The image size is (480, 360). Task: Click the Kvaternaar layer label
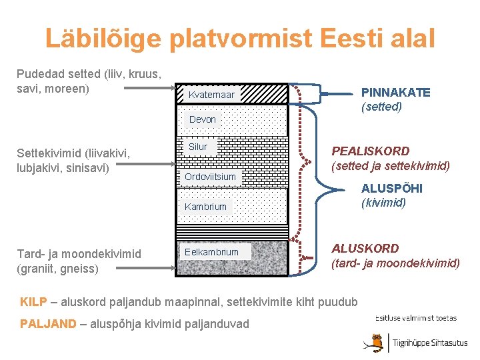[x=211, y=95]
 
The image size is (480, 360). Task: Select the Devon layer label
[x=203, y=119]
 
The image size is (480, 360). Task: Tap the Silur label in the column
[x=198, y=147]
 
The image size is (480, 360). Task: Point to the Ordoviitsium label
[x=210, y=177]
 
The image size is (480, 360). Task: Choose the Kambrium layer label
[x=205, y=207]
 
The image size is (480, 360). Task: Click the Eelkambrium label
[x=211, y=252]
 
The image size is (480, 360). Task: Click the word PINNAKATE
[x=395, y=93]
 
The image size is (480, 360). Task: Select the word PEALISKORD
[x=371, y=151]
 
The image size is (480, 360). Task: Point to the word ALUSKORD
[x=365, y=249]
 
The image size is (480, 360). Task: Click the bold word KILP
[x=33, y=301]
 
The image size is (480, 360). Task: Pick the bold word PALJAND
[x=48, y=324]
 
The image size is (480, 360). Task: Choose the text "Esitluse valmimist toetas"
[x=417, y=317]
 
